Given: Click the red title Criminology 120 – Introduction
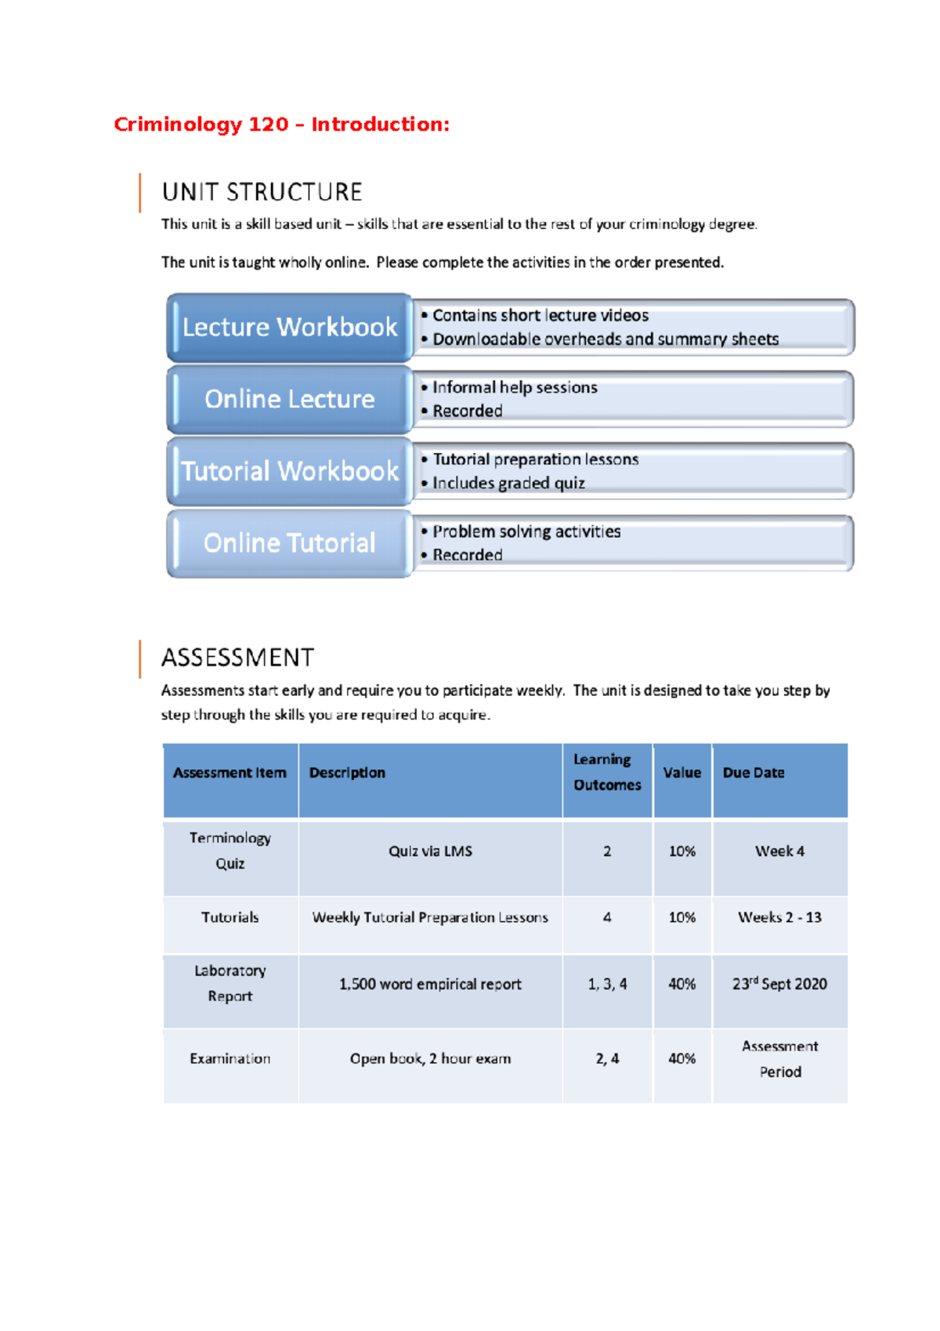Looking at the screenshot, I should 281,125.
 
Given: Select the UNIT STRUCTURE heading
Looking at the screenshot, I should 262,192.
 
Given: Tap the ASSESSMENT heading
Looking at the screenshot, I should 237,658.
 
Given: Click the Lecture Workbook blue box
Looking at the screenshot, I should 289,327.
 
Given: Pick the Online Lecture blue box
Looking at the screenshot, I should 289,399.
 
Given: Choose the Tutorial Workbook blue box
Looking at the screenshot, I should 289,471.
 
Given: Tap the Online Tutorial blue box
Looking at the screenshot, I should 289,543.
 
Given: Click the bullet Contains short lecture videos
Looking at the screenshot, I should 540,315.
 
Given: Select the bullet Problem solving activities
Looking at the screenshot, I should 526,531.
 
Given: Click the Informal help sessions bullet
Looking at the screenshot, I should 514,387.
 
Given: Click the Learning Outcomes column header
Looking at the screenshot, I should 607,772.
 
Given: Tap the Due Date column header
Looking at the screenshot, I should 753,772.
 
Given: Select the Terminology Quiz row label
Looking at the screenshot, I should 230,850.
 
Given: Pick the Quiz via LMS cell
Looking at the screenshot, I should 430,850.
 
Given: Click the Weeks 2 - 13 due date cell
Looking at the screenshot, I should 779,917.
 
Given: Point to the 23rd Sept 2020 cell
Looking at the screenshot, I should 779,984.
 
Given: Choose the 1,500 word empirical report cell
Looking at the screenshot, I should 430,984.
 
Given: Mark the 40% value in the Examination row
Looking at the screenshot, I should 681,1058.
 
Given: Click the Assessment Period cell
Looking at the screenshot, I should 779,1059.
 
